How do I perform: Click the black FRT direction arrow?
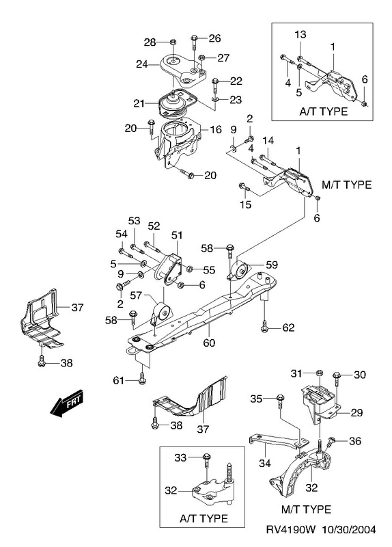coord(67,402)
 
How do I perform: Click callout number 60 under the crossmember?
coord(209,343)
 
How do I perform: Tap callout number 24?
coord(142,64)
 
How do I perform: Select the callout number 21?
coord(139,103)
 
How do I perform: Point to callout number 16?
coord(216,129)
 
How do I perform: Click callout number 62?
coord(288,328)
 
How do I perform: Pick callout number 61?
coord(118,380)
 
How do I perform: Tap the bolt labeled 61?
coord(142,379)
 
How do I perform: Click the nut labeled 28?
coord(173,42)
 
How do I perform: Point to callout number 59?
coord(271,265)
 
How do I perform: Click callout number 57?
coord(136,295)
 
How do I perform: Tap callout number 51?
coord(177,235)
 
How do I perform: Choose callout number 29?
coord(356,413)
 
